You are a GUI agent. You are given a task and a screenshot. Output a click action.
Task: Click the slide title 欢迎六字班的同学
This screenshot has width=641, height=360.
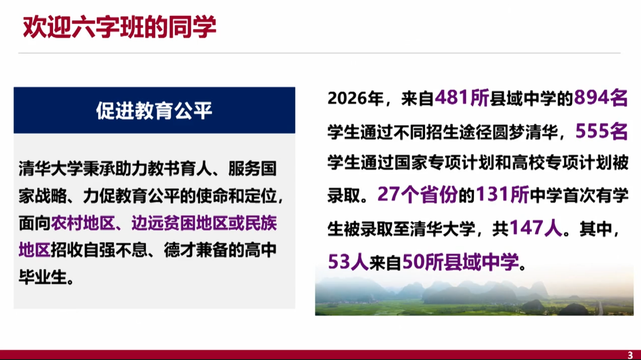tap(119, 27)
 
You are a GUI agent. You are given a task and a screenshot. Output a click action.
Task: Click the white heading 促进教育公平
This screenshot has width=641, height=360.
tap(154, 111)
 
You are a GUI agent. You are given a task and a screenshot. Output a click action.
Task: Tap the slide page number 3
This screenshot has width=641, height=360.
tap(630, 355)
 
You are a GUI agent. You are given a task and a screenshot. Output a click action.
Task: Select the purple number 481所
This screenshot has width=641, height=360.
tap(462, 98)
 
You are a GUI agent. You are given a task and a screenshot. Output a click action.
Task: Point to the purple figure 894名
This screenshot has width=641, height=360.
tap(601, 98)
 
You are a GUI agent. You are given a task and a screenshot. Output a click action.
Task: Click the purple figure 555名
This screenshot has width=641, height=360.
tap(601, 132)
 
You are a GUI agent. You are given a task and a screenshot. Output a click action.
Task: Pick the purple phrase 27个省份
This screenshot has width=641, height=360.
tap(417, 194)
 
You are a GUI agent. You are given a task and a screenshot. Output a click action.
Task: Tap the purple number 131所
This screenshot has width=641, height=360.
tap(503, 194)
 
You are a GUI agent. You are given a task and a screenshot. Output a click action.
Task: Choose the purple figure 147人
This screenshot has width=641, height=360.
tap(536, 228)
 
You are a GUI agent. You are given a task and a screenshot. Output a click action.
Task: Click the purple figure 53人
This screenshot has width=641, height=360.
tap(348, 262)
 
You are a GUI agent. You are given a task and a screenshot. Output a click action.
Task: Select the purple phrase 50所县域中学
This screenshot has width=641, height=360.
tap(460, 262)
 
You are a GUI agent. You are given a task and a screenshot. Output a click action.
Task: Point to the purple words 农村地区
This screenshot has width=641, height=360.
tap(83, 223)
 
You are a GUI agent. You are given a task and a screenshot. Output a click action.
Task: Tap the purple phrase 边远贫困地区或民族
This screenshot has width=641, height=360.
tap(204, 223)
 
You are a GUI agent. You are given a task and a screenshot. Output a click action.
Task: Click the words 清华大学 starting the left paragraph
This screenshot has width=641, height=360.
tap(51, 169)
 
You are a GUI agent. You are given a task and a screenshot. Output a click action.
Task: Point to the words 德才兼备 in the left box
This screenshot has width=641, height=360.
tap(196, 250)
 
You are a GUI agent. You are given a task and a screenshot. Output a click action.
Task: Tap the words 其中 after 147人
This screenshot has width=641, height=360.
tap(596, 229)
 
